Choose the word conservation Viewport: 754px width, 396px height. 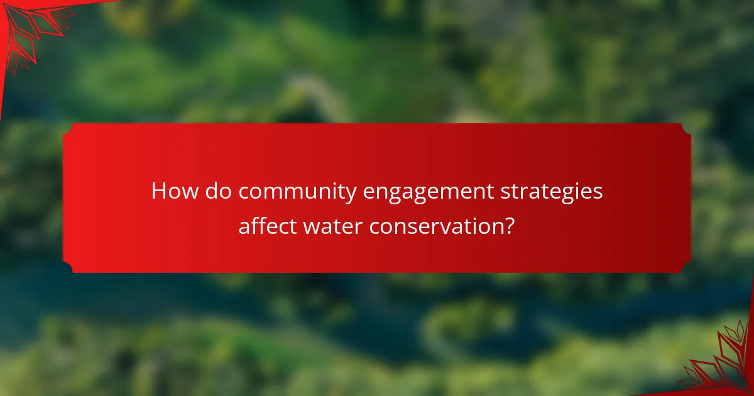click(x=437, y=226)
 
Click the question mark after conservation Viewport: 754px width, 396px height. click(x=510, y=225)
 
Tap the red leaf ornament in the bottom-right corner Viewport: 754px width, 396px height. click(x=723, y=365)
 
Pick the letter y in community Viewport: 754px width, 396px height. click(x=352, y=194)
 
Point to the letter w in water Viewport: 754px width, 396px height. click(x=312, y=226)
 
